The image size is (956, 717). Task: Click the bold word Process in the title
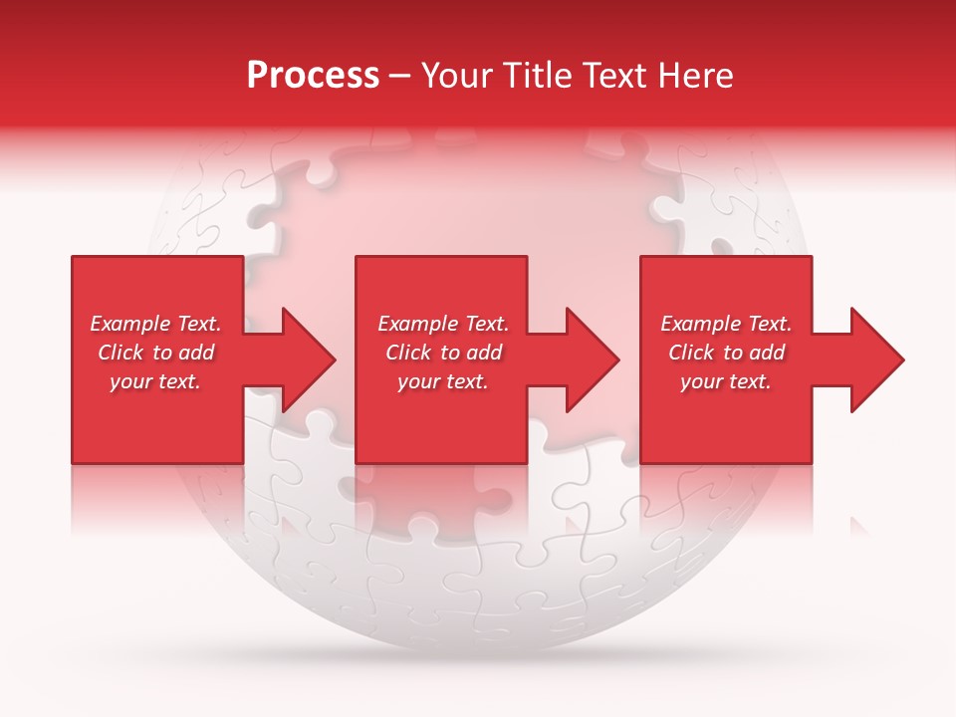pyautogui.click(x=313, y=76)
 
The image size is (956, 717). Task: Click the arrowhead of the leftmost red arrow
pyautogui.click(x=309, y=359)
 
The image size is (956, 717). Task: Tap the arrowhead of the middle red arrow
pyautogui.click(x=593, y=359)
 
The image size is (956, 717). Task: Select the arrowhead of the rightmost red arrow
pyautogui.click(x=876, y=359)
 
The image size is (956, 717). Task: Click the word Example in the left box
pyautogui.click(x=128, y=324)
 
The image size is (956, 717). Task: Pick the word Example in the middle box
pyautogui.click(x=416, y=324)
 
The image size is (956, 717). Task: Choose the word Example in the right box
pyautogui.click(x=699, y=324)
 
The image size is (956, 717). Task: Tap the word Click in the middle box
pyautogui.click(x=409, y=353)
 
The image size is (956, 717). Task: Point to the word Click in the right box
pyautogui.click(x=692, y=353)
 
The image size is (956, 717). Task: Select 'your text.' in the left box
pyautogui.click(x=155, y=381)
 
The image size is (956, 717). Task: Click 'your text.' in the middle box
pyautogui.click(x=443, y=381)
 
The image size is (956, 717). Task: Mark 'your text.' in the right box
pyautogui.click(x=726, y=381)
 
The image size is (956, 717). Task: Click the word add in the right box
pyautogui.click(x=768, y=353)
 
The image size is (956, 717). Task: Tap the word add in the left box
pyautogui.click(x=197, y=353)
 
